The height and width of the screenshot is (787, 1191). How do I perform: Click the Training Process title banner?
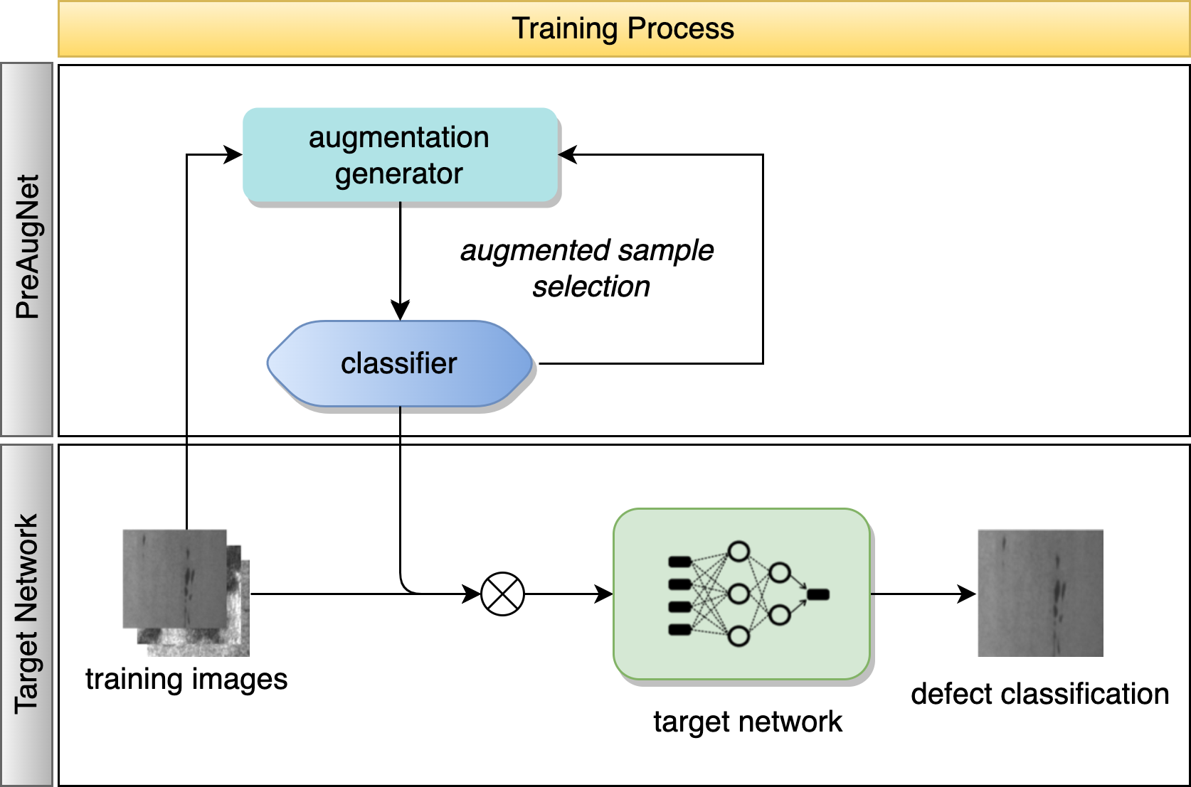pos(623,29)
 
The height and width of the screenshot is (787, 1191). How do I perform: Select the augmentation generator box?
pos(400,155)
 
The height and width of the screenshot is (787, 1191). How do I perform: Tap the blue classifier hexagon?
pos(400,363)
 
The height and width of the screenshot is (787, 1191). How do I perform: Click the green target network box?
pos(741,594)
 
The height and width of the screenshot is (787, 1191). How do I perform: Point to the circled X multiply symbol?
pos(502,594)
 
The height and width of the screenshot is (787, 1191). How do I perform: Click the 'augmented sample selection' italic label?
pos(588,268)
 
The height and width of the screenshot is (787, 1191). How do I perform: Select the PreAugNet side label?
pos(28,247)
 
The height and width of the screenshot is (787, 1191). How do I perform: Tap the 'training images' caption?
pos(186,679)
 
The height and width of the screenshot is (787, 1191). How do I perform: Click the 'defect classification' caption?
pos(1039,694)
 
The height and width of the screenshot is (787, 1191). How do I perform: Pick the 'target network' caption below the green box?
pos(747,722)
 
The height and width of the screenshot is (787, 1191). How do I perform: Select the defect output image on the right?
pos(1040,592)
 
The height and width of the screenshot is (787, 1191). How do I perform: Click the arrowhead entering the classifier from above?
pos(400,311)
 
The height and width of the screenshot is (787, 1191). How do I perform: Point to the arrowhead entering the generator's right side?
pos(568,154)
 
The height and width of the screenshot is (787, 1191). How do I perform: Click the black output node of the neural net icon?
pos(818,594)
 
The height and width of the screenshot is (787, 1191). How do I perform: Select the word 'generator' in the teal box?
pos(399,174)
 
